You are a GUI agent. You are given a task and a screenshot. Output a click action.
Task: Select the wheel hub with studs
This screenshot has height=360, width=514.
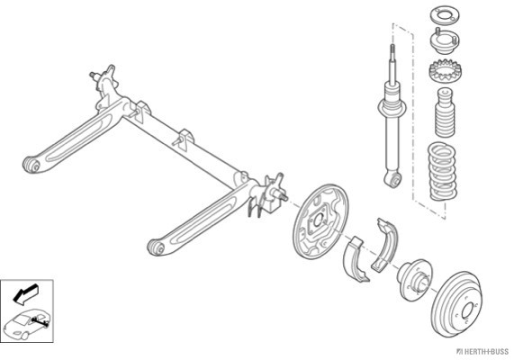point(414,279)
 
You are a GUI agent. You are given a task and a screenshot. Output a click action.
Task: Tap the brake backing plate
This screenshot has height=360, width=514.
point(320,221)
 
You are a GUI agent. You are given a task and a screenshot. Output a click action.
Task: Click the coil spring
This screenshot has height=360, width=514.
point(443,171)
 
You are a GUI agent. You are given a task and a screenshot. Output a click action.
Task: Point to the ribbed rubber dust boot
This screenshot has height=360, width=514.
point(445,112)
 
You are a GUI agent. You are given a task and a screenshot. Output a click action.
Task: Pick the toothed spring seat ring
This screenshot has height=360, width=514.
point(445,70)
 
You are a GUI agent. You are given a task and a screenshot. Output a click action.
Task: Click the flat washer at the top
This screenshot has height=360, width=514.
point(445,15)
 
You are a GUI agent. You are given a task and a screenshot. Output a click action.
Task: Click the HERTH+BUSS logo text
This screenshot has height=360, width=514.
point(483,352)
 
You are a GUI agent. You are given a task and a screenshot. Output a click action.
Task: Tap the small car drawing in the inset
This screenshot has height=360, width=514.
point(27,324)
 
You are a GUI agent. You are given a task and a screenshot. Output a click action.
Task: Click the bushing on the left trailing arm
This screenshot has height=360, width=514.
point(32,165)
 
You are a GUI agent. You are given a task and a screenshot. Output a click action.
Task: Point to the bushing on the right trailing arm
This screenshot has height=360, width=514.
point(156,247)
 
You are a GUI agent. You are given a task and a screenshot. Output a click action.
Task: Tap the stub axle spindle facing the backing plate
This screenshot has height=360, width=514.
point(283,196)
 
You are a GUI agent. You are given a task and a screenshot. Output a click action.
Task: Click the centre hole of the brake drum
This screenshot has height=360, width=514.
point(467,310)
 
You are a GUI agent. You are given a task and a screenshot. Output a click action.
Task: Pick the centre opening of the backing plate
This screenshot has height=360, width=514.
point(318,220)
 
